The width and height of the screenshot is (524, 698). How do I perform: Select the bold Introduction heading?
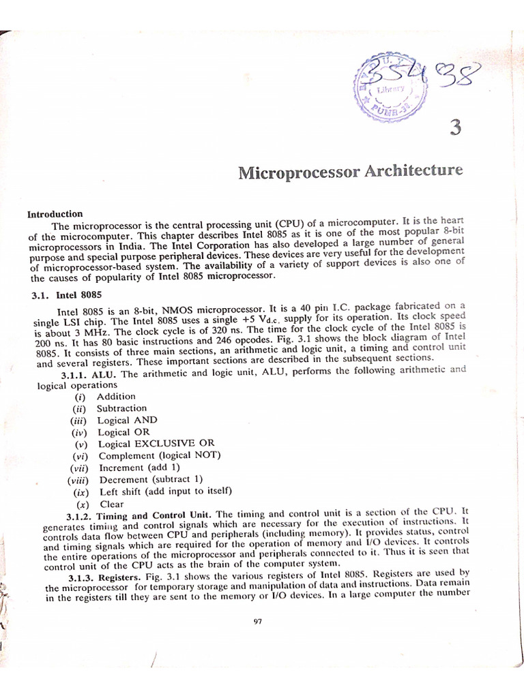(55, 213)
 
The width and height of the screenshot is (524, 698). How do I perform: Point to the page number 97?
(257, 620)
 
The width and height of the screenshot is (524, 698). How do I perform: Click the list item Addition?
(116, 396)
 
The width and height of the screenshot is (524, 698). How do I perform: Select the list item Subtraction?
(121, 408)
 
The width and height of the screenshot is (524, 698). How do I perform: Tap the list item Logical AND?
(127, 420)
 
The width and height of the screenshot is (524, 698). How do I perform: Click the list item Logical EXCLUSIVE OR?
(156, 444)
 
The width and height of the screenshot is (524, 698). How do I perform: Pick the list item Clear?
(111, 504)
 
